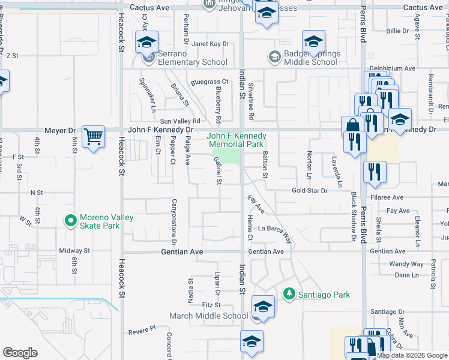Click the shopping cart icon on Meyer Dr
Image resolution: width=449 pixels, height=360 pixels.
pos(93,137)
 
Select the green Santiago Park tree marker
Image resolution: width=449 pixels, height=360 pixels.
pos(290,293)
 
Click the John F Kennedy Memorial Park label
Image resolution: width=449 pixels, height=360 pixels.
pos(236,140)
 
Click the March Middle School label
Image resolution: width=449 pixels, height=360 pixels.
pos(208,316)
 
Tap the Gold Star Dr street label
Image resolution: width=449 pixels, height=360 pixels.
pos(309,191)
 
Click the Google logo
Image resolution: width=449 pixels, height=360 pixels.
pos(20,353)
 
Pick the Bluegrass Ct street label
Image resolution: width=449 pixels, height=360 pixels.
pos(210,82)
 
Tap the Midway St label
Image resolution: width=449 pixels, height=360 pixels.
pos(74,251)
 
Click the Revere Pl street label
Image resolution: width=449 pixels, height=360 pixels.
pos(141,329)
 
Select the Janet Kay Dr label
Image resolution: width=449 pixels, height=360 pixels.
pos(211,44)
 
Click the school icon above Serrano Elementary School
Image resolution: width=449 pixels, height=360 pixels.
pos(146,43)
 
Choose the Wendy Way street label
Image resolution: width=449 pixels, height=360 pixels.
pos(406,264)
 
